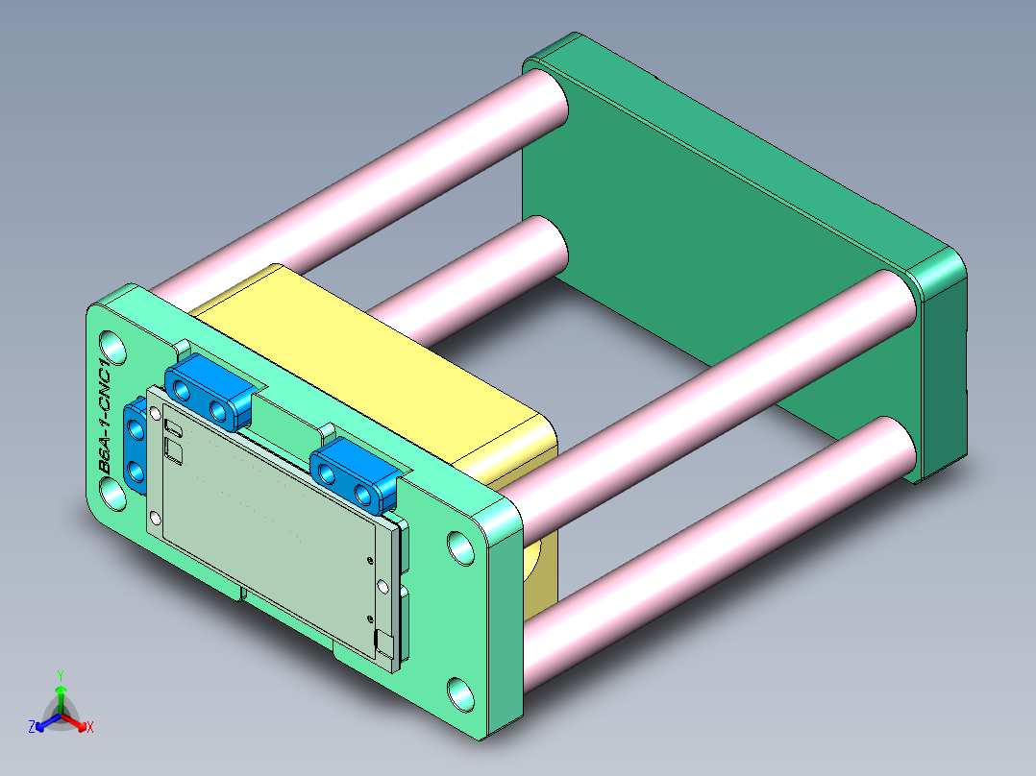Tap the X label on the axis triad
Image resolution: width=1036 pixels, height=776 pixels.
(90, 728)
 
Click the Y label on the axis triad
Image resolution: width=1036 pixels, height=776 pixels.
(61, 674)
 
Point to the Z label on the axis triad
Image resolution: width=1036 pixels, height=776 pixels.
(32, 727)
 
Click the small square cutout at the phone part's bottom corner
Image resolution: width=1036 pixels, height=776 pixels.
(384, 641)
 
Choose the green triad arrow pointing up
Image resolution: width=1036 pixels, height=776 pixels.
(61, 693)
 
